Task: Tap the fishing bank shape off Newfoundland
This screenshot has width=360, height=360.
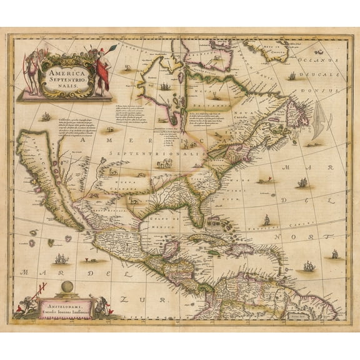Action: pyautogui.click(x=319, y=121)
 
